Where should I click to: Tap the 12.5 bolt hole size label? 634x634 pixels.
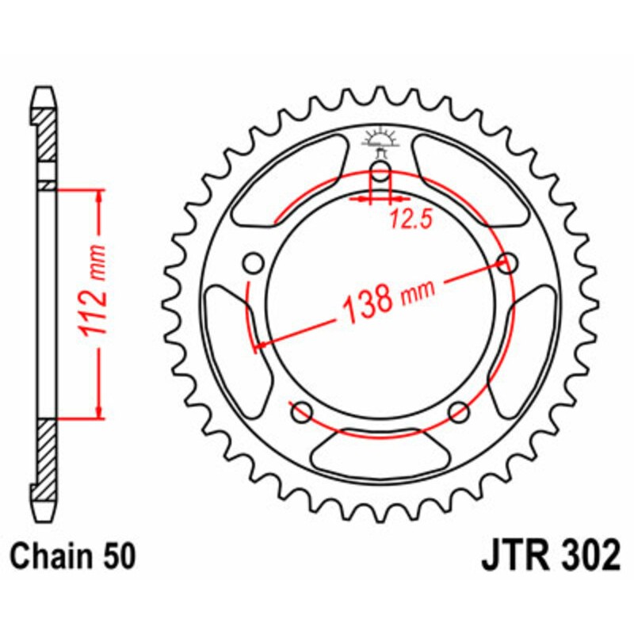point(411,221)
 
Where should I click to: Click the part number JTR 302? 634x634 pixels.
point(550,556)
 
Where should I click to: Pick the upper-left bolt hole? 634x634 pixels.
point(254,263)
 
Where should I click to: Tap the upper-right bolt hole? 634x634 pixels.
point(507,262)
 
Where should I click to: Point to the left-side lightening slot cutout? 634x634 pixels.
point(230,333)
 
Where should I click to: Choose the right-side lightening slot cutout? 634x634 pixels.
point(529,333)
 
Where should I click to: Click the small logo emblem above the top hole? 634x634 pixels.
point(380,141)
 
